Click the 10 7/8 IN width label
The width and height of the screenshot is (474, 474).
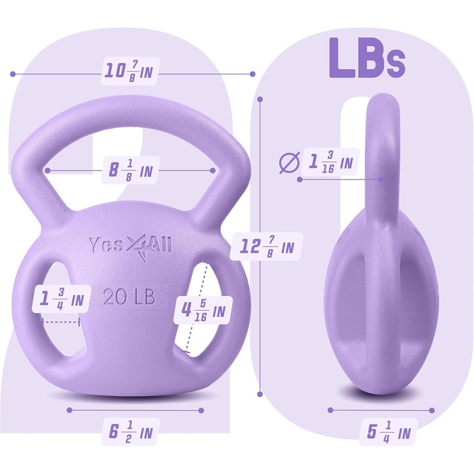(x=129, y=71)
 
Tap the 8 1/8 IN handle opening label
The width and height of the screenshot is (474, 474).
(x=130, y=171)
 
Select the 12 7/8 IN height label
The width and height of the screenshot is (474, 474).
(x=266, y=246)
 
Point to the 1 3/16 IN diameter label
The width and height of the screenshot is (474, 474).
(x=330, y=162)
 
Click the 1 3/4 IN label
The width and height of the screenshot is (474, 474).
(x=62, y=299)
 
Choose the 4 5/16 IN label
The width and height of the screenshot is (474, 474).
(x=203, y=310)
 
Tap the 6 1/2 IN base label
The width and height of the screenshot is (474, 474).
(x=130, y=432)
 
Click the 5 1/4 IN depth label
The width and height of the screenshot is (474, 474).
(x=389, y=432)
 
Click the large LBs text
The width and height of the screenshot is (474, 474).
(x=367, y=58)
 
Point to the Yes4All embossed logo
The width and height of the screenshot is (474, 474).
(x=131, y=246)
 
